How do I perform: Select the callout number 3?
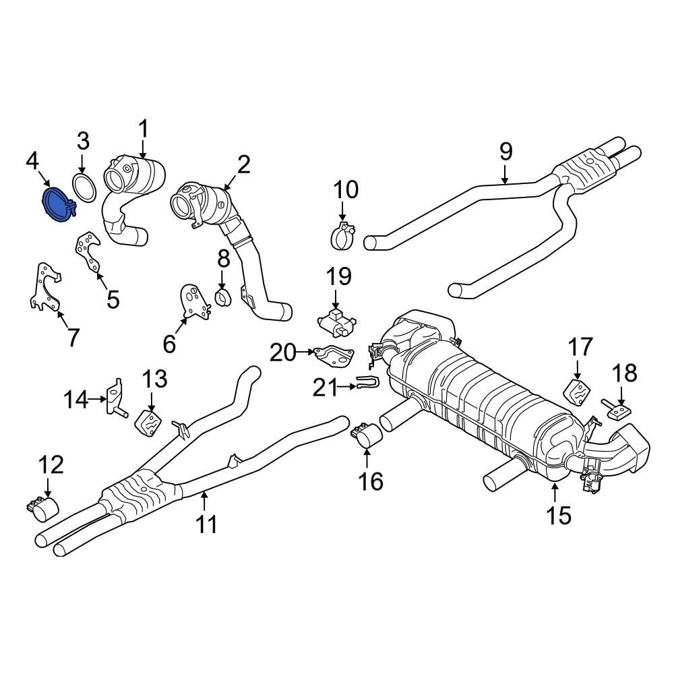(x=82, y=142)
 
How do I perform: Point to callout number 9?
(x=506, y=151)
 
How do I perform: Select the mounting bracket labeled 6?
(x=194, y=303)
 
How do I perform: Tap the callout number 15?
(x=559, y=516)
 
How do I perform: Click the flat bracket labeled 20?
(x=334, y=355)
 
